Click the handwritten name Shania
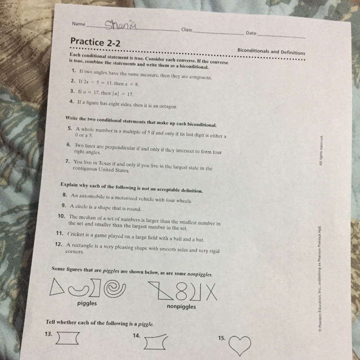pyautogui.click(x=120, y=24)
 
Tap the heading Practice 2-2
pyautogui.click(x=96, y=42)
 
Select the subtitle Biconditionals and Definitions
pyautogui.click(x=271, y=51)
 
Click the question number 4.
pyautogui.click(x=72, y=101)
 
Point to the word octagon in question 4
pyautogui.click(x=168, y=106)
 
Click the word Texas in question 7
pyautogui.click(x=105, y=163)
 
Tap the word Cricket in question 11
pyautogui.click(x=76, y=234)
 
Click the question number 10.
pyautogui.click(x=61, y=216)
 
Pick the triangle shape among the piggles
pyautogui.click(x=56, y=287)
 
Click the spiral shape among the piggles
pyautogui.click(x=115, y=288)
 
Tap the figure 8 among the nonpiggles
pyautogui.click(x=181, y=291)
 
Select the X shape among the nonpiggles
pyautogui.click(x=212, y=292)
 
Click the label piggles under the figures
pyautogui.click(x=87, y=303)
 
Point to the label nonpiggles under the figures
pyautogui.click(x=181, y=307)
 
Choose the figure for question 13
pyautogui.click(x=68, y=338)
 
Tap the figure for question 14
pyautogui.click(x=156, y=342)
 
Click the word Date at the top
pyautogui.click(x=251, y=33)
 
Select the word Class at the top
pyautogui.click(x=186, y=29)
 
